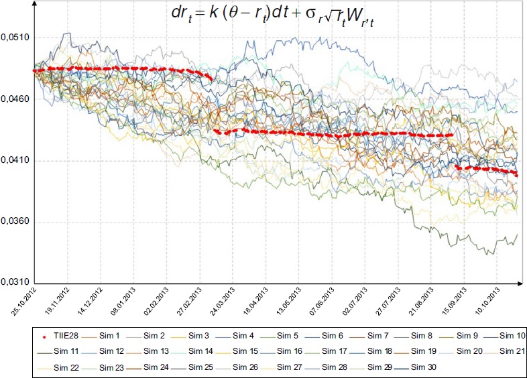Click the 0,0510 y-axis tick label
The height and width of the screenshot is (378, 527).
pos(14,38)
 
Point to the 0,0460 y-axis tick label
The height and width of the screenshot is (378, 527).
pos(14,99)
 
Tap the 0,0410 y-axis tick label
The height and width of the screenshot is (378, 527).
pos(14,161)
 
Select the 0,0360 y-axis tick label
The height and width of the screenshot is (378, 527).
pos(14,222)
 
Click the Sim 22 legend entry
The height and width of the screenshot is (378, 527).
pos(66,367)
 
